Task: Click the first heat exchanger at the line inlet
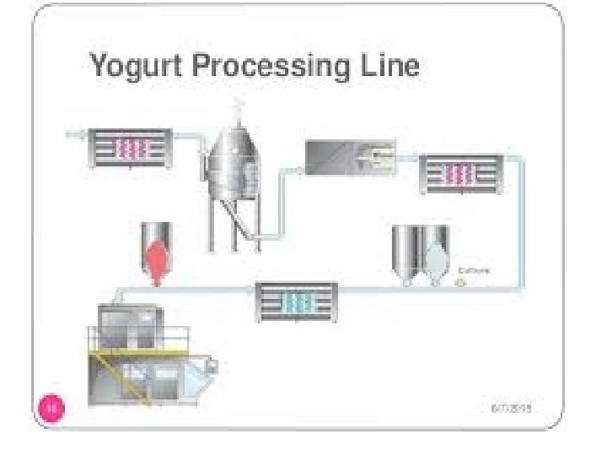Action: point(130,149)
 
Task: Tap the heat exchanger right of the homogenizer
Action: point(460,174)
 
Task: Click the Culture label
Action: point(474,270)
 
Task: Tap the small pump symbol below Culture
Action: point(460,284)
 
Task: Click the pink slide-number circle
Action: point(51,409)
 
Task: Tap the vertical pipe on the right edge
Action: point(521,220)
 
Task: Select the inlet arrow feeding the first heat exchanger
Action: point(72,133)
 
